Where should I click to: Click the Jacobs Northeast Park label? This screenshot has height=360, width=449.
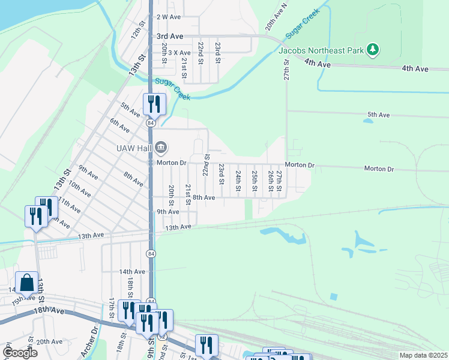pyautogui.click(x=321, y=50)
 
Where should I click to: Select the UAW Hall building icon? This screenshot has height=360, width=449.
pyautogui.click(x=161, y=147)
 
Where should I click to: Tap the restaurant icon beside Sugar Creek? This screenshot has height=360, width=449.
pyautogui.click(x=154, y=104)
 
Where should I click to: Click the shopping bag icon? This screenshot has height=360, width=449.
pyautogui.click(x=27, y=281)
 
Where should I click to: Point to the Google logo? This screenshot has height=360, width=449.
pyautogui.click(x=20, y=353)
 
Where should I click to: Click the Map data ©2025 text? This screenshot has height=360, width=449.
pyautogui.click(x=423, y=355)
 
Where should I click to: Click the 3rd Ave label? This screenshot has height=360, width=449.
pyautogui.click(x=170, y=37)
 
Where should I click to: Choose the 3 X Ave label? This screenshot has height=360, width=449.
pyautogui.click(x=178, y=53)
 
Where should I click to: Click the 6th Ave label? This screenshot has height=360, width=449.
pyautogui.click(x=119, y=125)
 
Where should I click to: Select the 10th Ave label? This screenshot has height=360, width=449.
pyautogui.click(x=79, y=190)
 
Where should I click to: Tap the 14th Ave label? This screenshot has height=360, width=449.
pyautogui.click(x=132, y=272)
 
